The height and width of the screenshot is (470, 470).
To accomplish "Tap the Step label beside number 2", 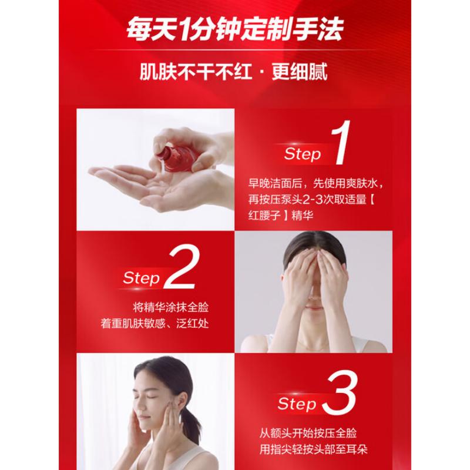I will pos(142,278).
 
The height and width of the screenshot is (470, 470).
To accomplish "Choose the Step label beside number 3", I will pos(297,404).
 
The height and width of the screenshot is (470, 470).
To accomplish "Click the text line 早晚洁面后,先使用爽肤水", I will pos(318,183).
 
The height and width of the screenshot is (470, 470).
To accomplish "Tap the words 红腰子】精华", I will pos(280,217).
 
